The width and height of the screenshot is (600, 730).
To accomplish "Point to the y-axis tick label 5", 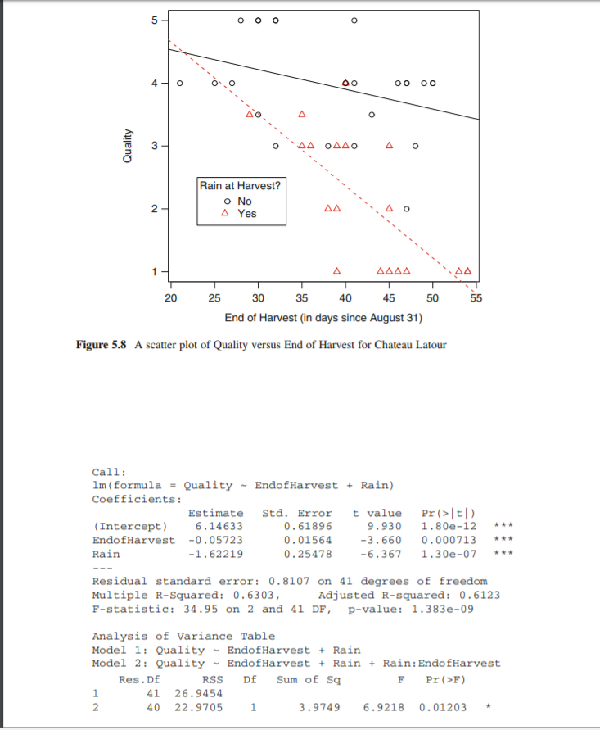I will click(x=153, y=20).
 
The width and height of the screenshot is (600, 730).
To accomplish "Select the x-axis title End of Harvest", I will click(x=322, y=317).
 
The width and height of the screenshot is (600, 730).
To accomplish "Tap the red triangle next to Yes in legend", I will click(x=227, y=213).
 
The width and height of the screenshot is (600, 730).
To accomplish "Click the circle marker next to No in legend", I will click(x=227, y=201).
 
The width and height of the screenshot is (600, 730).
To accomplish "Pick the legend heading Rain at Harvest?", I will click(x=240, y=186).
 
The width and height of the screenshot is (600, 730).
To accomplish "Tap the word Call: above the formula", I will click(x=109, y=472).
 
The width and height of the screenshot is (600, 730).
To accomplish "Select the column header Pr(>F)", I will click(x=444, y=678).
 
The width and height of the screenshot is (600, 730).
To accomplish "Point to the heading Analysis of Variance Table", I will click(x=183, y=636).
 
